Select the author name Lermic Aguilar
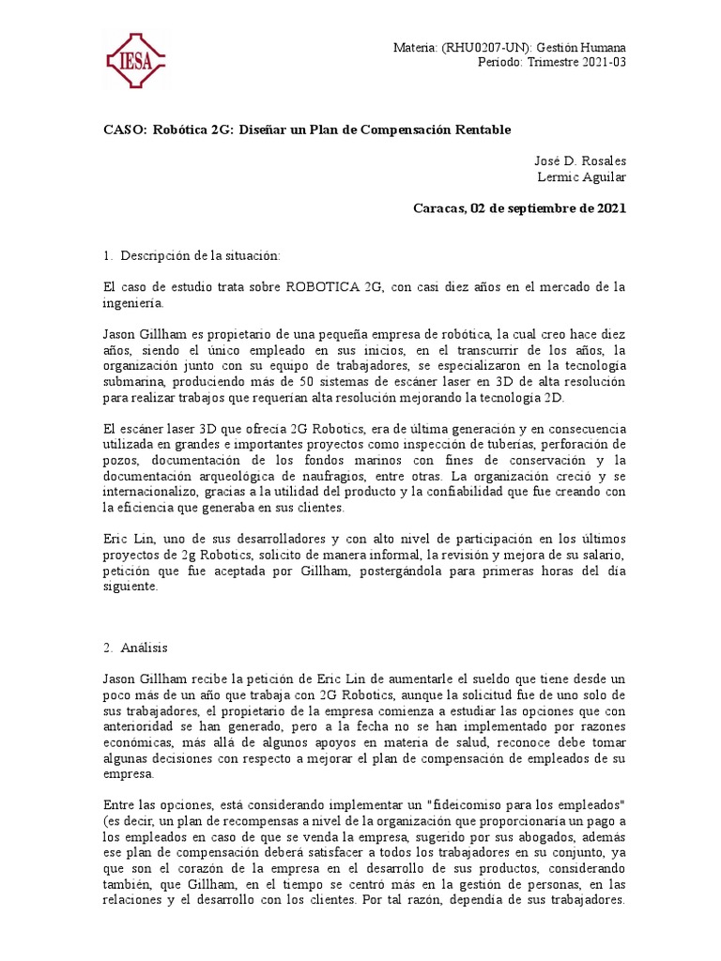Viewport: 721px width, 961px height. (x=581, y=177)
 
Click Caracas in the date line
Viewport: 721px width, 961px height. (x=439, y=208)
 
